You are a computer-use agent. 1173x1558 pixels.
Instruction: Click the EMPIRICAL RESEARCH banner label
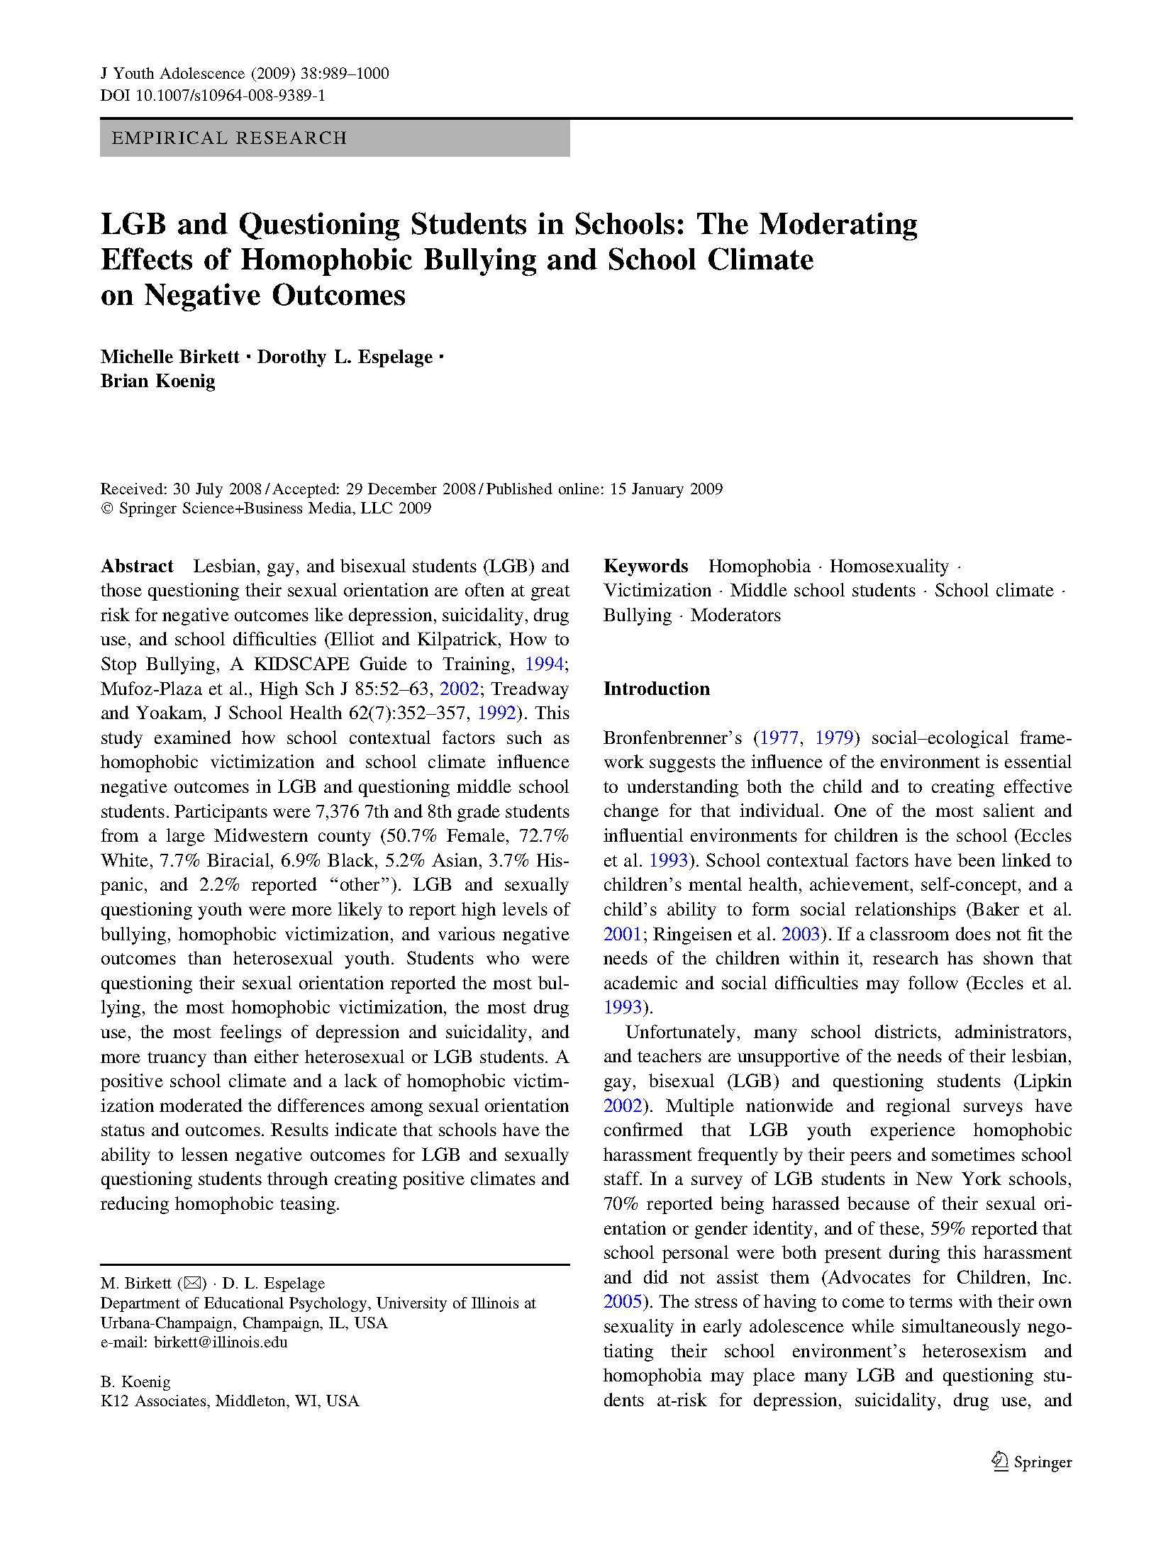tap(229, 138)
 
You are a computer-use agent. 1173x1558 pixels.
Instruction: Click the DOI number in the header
tap(230, 95)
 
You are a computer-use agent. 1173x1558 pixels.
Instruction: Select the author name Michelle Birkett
tap(170, 357)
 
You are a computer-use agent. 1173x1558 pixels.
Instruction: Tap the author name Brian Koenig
tap(158, 382)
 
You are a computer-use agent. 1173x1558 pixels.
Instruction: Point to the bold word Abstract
tap(137, 566)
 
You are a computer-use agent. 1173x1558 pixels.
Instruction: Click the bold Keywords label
tap(645, 566)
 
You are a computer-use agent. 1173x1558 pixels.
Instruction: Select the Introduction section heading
tap(656, 689)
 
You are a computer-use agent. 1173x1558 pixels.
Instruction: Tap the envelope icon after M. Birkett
tap(192, 1283)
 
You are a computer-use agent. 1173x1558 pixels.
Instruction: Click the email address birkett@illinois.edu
tap(221, 1342)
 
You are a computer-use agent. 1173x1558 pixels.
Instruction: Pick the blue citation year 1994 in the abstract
tap(544, 664)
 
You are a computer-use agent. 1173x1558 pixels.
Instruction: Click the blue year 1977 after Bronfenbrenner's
tap(779, 738)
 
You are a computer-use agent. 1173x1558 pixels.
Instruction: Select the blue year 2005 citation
tap(622, 1301)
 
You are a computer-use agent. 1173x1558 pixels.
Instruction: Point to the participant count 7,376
tap(338, 811)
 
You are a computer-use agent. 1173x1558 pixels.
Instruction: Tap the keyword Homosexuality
tap(889, 566)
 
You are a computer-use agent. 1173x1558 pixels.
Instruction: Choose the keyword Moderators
tap(735, 615)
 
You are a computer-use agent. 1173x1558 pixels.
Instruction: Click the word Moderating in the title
tap(838, 224)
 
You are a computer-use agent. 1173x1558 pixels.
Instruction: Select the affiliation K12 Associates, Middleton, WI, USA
tap(230, 1401)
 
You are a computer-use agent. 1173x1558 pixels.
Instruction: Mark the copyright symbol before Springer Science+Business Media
tap(107, 508)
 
